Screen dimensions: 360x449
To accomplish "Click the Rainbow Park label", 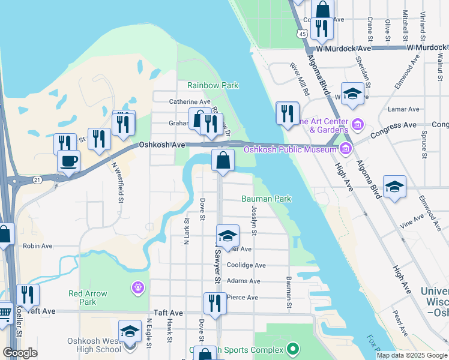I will click(212, 86).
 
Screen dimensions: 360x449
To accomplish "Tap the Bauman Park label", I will click(266, 198).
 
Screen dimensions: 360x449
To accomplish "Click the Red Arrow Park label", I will click(88, 298).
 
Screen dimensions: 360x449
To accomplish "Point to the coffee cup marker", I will click(68, 161).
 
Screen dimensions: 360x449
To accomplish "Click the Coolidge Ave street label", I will click(246, 265).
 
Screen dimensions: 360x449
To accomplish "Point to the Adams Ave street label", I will click(244, 281).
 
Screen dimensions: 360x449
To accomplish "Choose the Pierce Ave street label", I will click(243, 297).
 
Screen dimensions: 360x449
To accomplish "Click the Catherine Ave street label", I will click(189, 102).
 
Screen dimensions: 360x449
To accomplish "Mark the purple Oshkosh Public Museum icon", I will click(345, 148).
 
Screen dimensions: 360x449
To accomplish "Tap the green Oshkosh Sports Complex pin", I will click(292, 348).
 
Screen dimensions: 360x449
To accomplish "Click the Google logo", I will click(20, 353).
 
